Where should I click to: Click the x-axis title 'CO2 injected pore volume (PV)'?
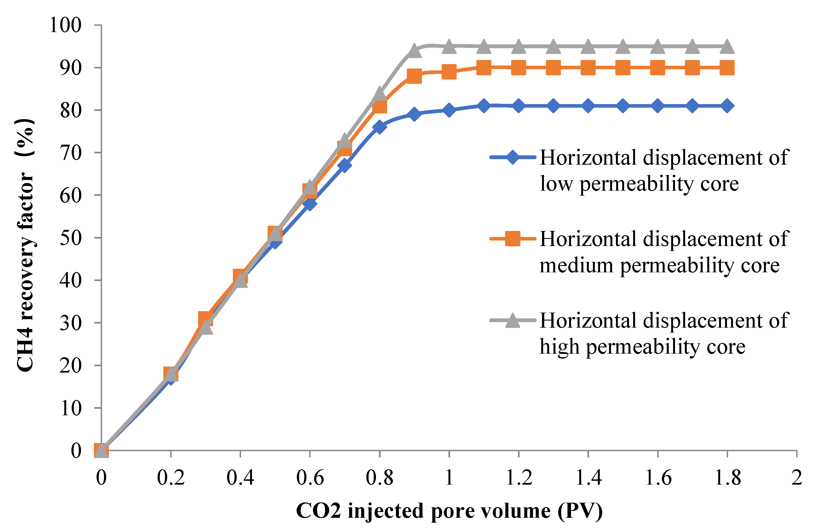pos(449,511)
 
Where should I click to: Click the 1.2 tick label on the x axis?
pos(519,477)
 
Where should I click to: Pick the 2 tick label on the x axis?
pos(796,477)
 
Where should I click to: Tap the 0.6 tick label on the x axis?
pos(310,477)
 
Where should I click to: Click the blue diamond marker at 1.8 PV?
pos(727,106)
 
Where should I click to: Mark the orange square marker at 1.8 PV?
pos(727,68)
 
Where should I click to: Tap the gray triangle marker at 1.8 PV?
pos(727,47)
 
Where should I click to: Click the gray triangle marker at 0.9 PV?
pos(414,51)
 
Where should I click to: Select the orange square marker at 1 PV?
pos(449,72)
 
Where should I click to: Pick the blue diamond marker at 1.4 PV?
pos(588,106)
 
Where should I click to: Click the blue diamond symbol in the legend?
pos(513,158)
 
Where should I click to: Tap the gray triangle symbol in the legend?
pos(513,320)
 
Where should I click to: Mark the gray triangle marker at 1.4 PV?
pos(588,47)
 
